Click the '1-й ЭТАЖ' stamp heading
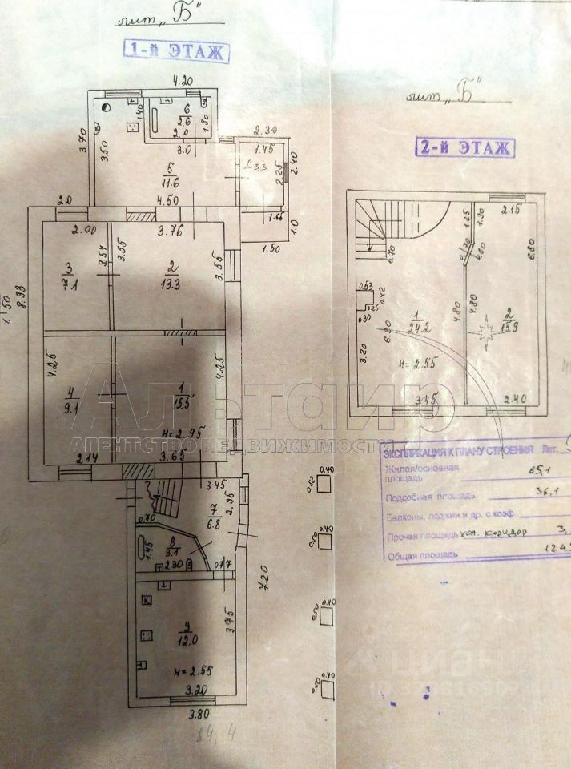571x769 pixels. (x=175, y=53)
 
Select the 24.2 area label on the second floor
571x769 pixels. (x=415, y=328)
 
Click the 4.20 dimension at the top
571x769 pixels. (x=185, y=80)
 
